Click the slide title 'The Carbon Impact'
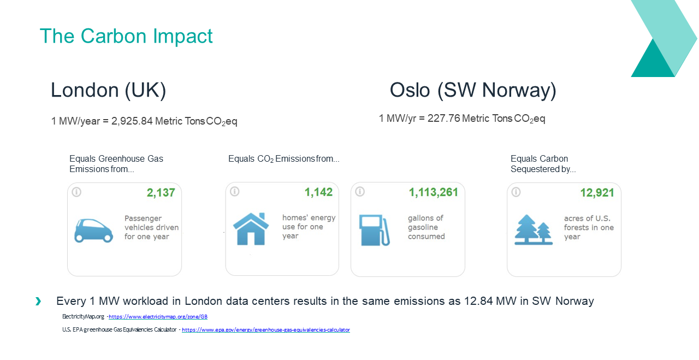[126, 36]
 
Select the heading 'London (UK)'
[108, 91]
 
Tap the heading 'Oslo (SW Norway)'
[473, 91]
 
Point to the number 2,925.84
[132, 121]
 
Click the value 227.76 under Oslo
[444, 119]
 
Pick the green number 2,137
[161, 193]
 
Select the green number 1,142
[318, 192]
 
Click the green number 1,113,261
[434, 192]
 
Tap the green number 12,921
[597, 193]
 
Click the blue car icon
[93, 231]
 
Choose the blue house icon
[251, 229]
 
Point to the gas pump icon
[375, 230]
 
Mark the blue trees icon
[534, 229]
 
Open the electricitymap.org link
[158, 317]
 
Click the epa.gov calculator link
[266, 330]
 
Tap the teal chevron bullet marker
[38, 302]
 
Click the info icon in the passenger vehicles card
[76, 192]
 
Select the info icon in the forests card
[516, 192]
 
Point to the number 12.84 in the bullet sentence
[478, 301]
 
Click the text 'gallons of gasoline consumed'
[426, 227]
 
